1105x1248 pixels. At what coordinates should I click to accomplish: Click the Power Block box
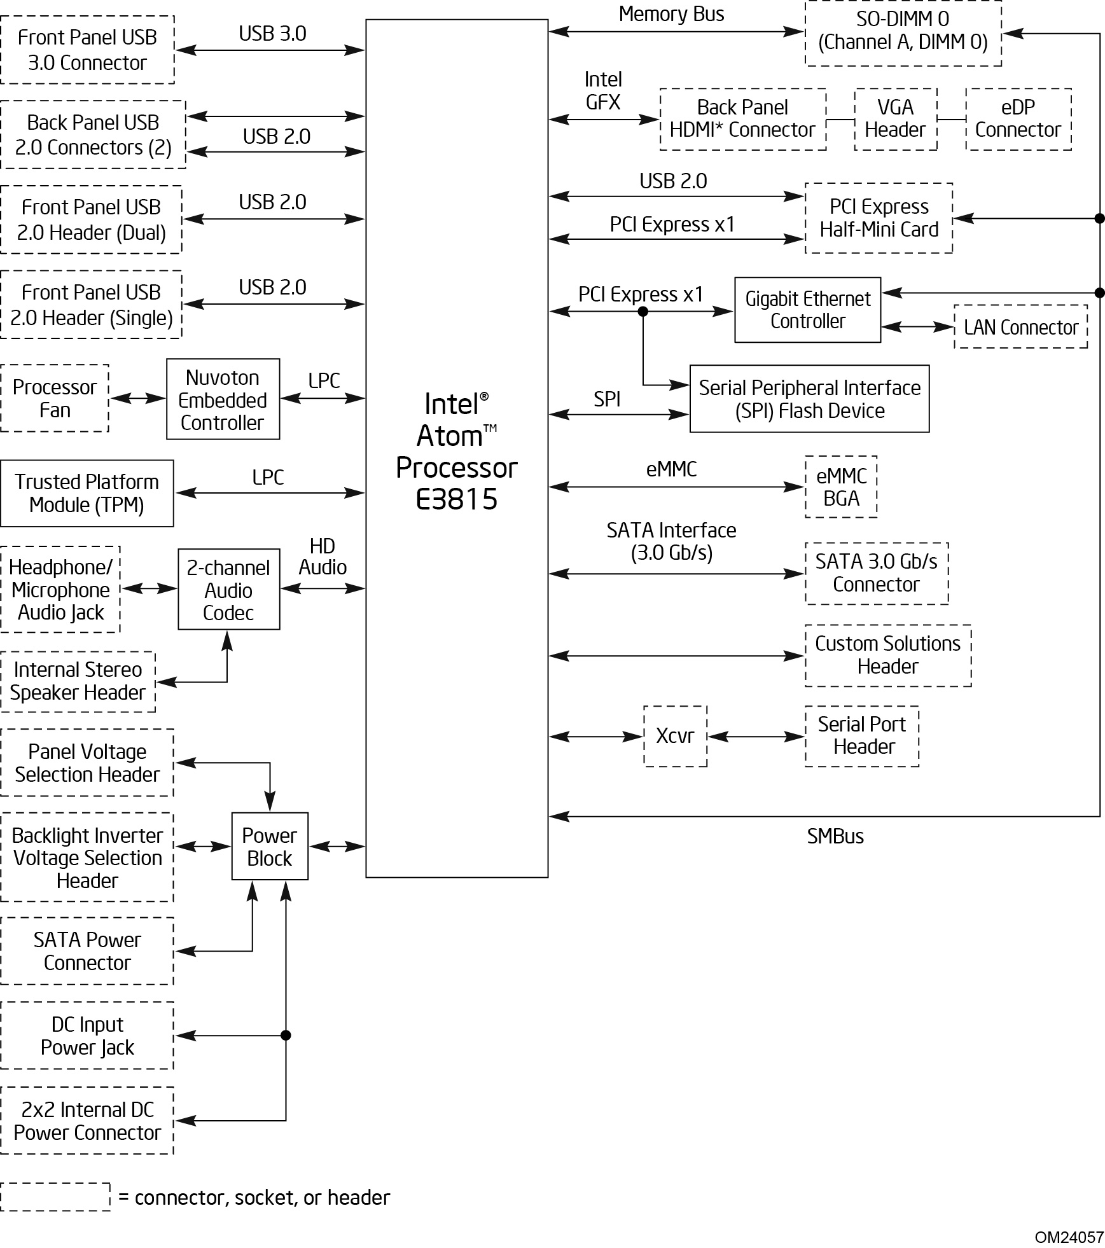pyautogui.click(x=270, y=846)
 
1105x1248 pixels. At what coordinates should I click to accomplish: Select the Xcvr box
pyautogui.click(x=675, y=736)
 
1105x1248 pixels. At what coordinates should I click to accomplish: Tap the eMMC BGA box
pyautogui.click(x=841, y=487)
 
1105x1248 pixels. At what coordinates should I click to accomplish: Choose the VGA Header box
pyautogui.click(x=895, y=119)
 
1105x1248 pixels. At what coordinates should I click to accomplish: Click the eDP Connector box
pyautogui.click(x=1018, y=119)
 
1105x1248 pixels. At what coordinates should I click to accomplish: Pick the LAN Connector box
pyautogui.click(x=1020, y=327)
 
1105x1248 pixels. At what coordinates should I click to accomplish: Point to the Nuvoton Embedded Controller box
pyautogui.click(x=223, y=399)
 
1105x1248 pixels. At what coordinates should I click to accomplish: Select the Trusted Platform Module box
pyautogui.click(x=87, y=493)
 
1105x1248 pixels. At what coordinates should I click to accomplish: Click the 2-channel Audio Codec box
pyautogui.click(x=228, y=590)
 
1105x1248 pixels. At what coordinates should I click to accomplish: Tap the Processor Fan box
pyautogui.click(x=55, y=398)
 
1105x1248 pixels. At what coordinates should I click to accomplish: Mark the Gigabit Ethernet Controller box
pyautogui.click(x=807, y=310)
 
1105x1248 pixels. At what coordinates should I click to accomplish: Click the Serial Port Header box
pyautogui.click(x=862, y=736)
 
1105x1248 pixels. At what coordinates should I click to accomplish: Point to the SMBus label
pyautogui.click(x=835, y=836)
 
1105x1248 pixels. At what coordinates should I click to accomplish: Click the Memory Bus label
pyautogui.click(x=671, y=14)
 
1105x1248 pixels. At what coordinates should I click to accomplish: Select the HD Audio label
pyautogui.click(x=323, y=557)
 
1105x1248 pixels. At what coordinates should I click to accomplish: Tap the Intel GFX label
pyautogui.click(x=602, y=91)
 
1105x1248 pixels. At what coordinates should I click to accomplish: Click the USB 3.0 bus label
pyautogui.click(x=272, y=34)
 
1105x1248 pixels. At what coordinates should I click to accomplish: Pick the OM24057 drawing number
pyautogui.click(x=1069, y=1237)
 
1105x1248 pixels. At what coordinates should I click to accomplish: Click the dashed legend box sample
pyautogui.click(x=55, y=1196)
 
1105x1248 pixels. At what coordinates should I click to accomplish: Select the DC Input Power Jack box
pyautogui.click(x=87, y=1036)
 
